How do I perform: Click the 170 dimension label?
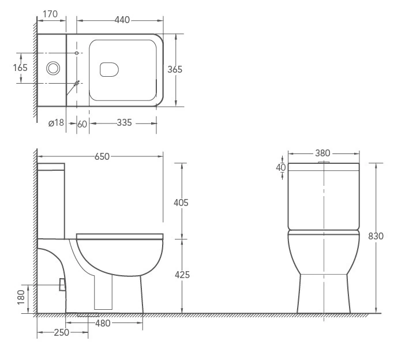[x=50, y=14]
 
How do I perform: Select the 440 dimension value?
[x=122, y=20]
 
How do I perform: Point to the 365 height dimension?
[x=175, y=69]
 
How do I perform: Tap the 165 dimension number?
[x=20, y=68]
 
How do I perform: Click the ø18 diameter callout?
[x=56, y=123]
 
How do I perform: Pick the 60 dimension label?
[x=82, y=124]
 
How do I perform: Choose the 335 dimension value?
[x=125, y=123]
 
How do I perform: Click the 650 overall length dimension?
[x=102, y=156]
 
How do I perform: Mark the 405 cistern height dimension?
[x=181, y=202]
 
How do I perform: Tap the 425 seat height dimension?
[x=182, y=275]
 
